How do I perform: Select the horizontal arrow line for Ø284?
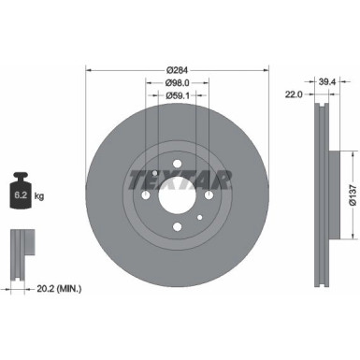(x=177, y=75)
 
